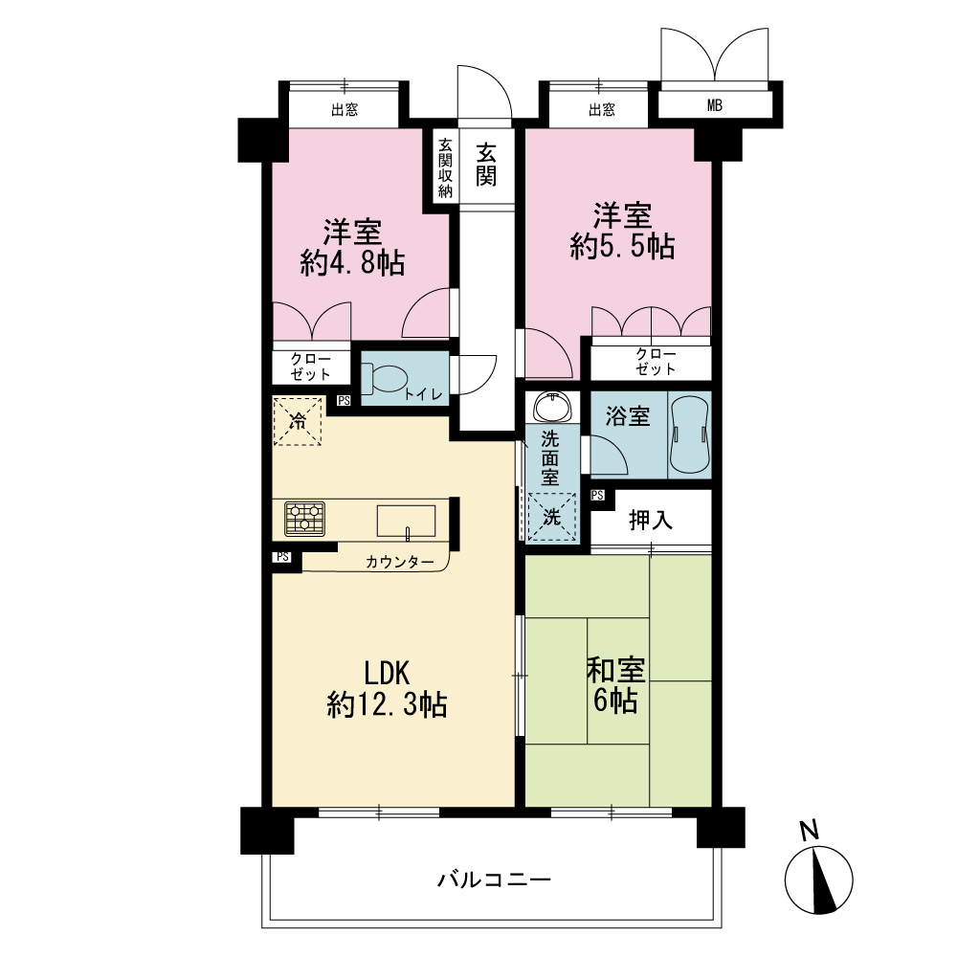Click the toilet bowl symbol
[x=386, y=378]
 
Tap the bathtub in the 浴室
[x=690, y=435]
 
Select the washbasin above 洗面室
[x=553, y=407]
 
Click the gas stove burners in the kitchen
[x=304, y=519]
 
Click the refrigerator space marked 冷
[x=298, y=421]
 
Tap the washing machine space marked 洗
[x=552, y=517]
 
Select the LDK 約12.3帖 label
[x=387, y=688]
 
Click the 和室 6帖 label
[x=615, y=685]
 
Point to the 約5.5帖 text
[x=623, y=247]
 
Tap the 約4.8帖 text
[x=353, y=264]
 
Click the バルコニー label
[x=495, y=879]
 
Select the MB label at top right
[x=715, y=105]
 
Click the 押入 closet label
[x=651, y=520]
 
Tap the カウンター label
[x=400, y=562]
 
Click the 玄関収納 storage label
[x=446, y=167]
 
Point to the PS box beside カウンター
[x=282, y=557]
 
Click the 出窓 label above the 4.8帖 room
[x=345, y=110]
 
